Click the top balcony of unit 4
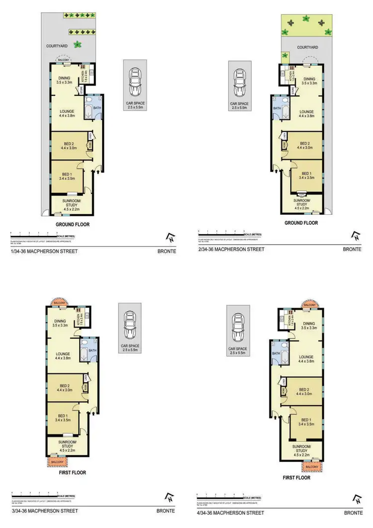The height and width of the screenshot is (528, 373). (309, 304)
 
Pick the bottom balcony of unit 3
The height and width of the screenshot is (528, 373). (59, 462)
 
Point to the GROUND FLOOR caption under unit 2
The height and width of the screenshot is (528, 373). (301, 223)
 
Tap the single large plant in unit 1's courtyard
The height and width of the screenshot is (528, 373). (77, 44)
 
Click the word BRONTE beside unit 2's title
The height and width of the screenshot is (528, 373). (352, 249)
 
